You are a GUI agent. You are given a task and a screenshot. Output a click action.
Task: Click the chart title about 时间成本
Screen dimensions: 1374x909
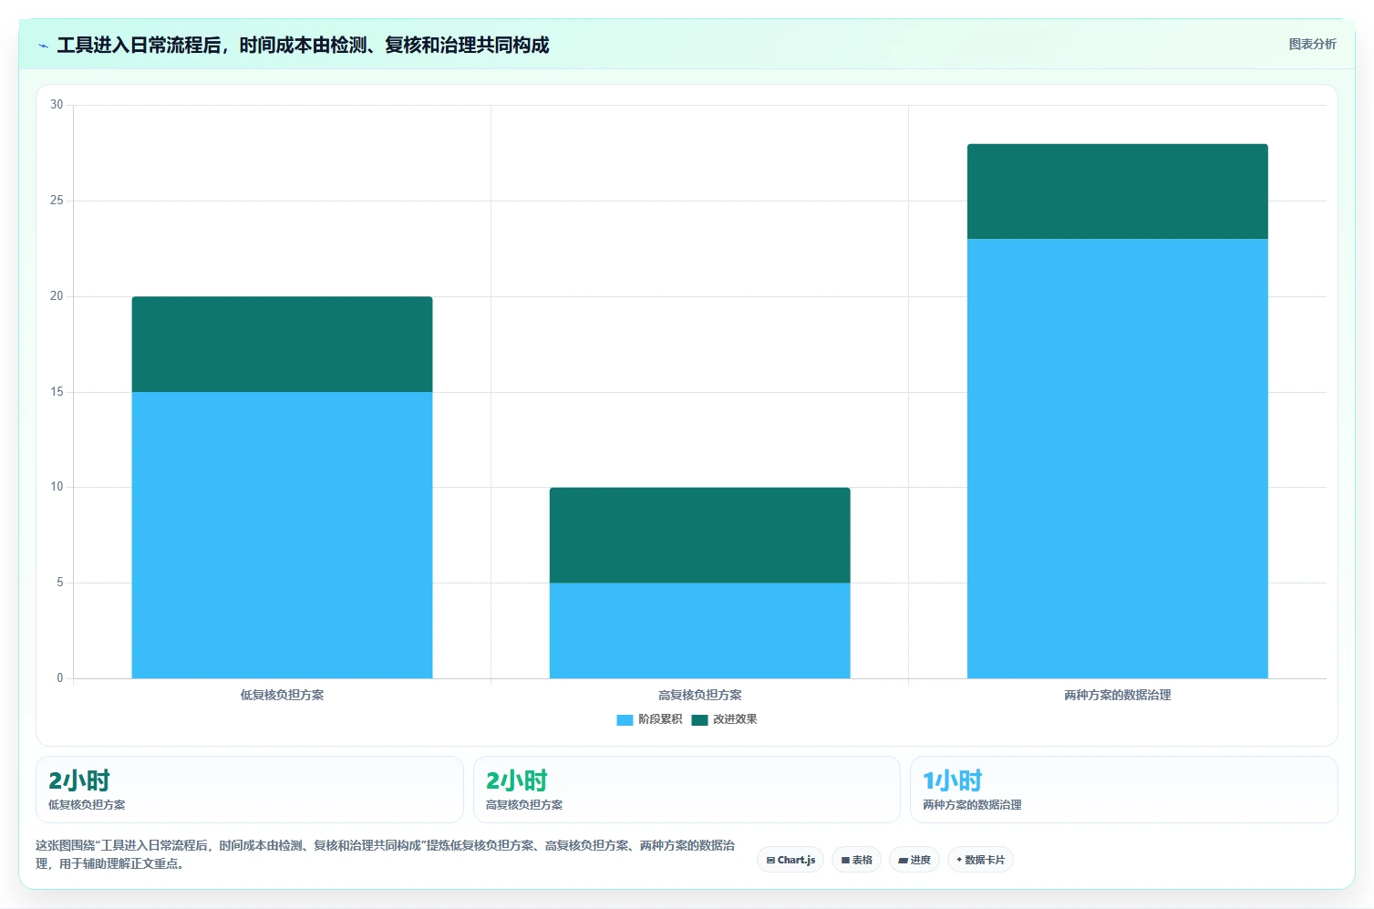coord(303,45)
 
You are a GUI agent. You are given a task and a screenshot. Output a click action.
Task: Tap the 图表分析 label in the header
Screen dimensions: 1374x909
coord(1312,44)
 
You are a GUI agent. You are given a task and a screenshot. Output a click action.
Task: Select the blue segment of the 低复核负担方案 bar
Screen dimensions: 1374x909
coord(282,535)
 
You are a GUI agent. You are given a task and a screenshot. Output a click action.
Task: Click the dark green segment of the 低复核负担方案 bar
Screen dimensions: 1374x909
coord(282,344)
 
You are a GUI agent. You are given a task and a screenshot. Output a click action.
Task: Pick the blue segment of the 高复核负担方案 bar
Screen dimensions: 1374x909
coord(700,631)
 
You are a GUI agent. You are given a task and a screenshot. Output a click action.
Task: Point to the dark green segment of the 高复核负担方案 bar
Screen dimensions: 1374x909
coord(700,535)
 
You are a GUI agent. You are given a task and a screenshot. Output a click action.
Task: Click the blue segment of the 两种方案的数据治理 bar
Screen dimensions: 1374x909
coord(1118,459)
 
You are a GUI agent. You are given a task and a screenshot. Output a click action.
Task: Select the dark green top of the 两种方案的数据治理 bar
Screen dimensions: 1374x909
coord(1118,191)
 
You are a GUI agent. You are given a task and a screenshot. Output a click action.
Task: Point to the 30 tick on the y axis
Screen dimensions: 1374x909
coord(57,104)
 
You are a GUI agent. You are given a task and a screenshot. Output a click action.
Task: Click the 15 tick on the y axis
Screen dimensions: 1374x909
coord(57,391)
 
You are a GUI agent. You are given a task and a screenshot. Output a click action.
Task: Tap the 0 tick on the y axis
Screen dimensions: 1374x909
coord(59,677)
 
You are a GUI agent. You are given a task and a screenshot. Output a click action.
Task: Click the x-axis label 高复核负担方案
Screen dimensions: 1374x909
coord(700,695)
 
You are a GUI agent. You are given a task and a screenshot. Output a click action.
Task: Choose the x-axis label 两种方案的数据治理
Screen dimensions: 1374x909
coord(1118,695)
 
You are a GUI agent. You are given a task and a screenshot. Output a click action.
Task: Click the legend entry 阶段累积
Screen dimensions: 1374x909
coord(649,718)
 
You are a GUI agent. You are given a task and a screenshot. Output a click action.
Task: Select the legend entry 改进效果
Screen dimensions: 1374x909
coord(725,718)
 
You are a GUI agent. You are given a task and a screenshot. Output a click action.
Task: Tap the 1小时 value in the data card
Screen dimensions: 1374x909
coord(952,780)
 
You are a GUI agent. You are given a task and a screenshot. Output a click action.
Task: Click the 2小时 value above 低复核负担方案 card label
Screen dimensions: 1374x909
coord(78,780)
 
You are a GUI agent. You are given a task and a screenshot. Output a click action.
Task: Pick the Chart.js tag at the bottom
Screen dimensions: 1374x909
coord(790,860)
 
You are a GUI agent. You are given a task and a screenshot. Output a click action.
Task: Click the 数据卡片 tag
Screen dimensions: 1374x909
coord(980,860)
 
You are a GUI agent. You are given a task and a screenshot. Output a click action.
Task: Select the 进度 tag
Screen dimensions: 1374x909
coord(914,860)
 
